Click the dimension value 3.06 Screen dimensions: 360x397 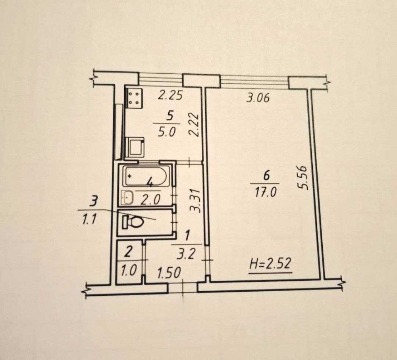tap(258, 98)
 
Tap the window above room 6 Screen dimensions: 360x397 tap(254, 82)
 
